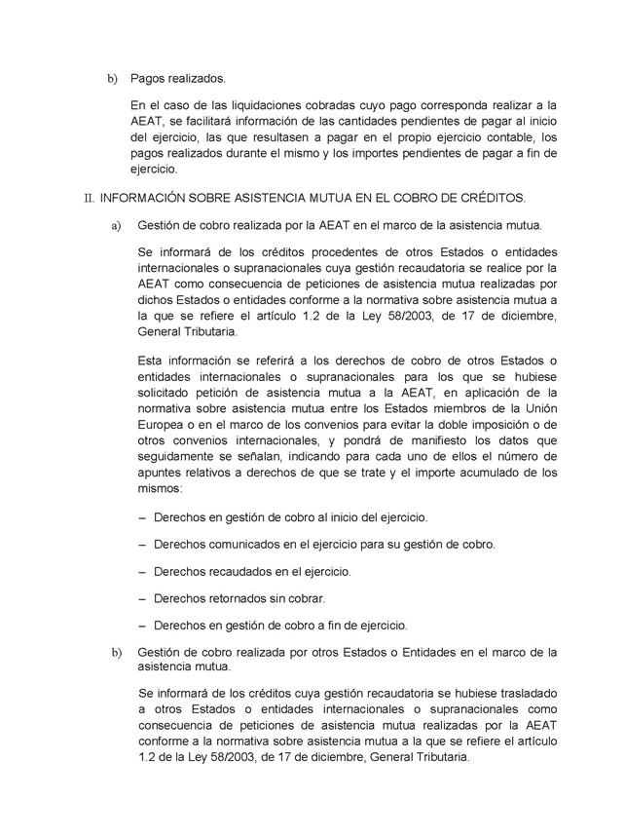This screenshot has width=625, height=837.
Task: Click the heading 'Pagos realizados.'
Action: coord(177,77)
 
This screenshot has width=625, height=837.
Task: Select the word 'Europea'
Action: coord(163,425)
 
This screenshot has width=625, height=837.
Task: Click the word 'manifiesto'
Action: coord(413,441)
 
